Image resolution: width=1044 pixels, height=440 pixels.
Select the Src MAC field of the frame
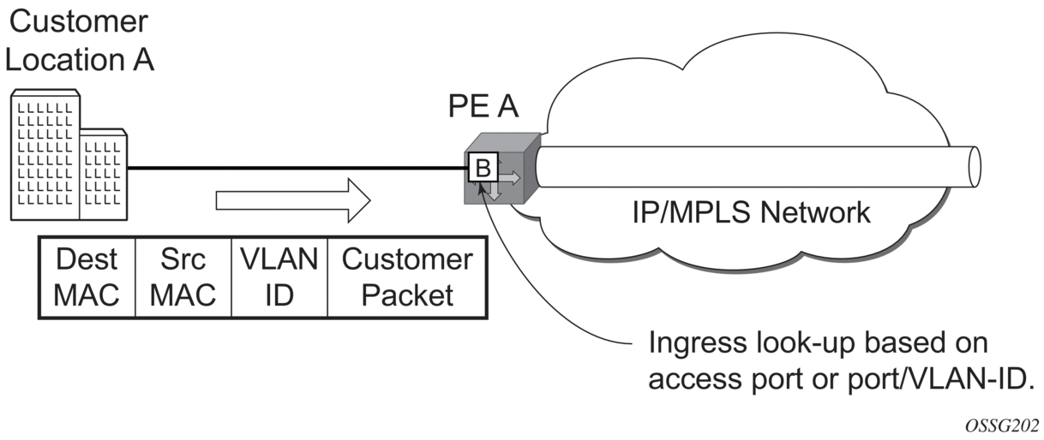point(183,277)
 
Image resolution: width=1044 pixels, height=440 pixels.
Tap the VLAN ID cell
point(279,277)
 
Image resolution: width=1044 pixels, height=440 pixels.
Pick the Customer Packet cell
point(407,277)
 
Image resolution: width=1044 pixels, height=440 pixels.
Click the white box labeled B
point(483,168)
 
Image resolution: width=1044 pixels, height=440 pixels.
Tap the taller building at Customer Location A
point(44,154)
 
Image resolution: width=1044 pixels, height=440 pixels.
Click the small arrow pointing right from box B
point(507,179)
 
